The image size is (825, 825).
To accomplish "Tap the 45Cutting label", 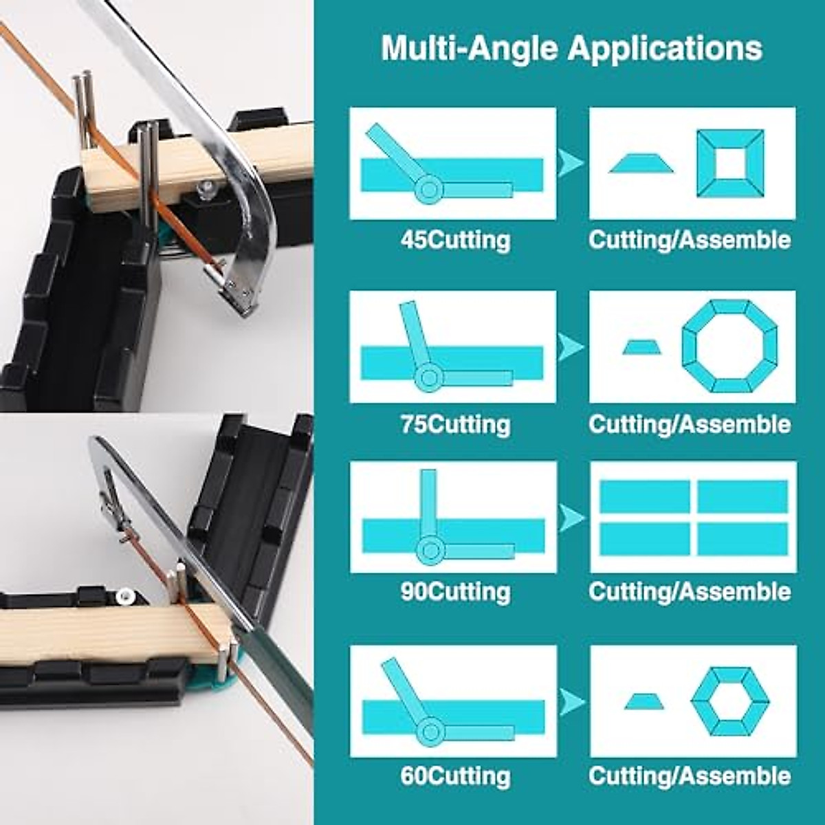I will point(455,240).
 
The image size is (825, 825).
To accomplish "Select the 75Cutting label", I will point(455,423).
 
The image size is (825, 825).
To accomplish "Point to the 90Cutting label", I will point(455,591).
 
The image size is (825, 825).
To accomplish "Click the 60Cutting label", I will point(455,775).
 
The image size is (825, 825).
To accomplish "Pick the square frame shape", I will point(730,164).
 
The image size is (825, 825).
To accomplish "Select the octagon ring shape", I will point(729,346).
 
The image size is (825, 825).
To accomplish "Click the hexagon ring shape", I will point(729,702).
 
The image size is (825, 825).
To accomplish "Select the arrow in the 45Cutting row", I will point(570,164).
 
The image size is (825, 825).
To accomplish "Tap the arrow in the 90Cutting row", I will point(571,517).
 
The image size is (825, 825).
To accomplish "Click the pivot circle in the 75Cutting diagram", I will point(430,376).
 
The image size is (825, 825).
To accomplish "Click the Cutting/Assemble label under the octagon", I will point(690,423).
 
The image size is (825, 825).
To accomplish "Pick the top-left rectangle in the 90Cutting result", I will point(644,496).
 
